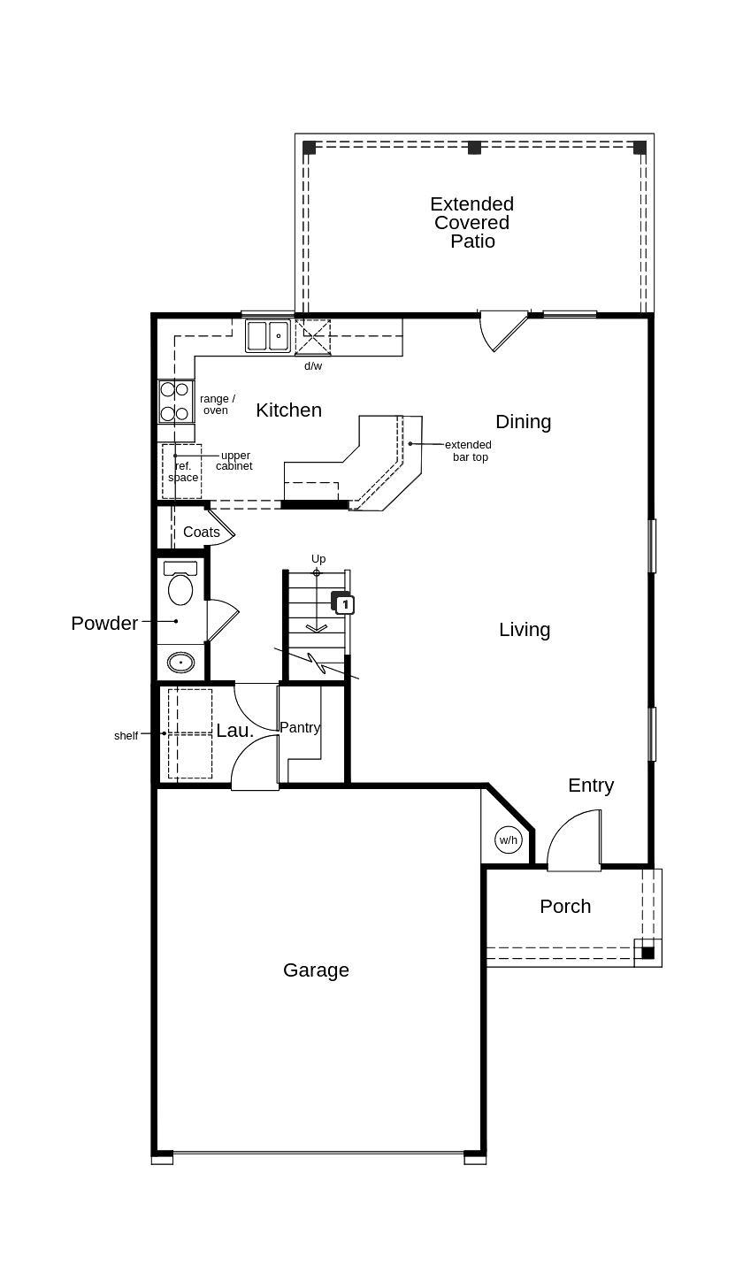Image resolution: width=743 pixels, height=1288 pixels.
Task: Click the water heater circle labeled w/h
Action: [x=508, y=840]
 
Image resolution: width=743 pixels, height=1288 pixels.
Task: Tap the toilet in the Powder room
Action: [x=180, y=586]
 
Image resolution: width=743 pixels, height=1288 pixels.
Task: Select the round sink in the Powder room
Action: [x=180, y=662]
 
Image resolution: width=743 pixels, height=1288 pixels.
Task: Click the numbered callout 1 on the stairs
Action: [x=345, y=604]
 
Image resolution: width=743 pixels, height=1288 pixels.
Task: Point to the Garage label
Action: [x=316, y=970]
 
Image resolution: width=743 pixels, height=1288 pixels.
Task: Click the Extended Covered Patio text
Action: [x=471, y=223]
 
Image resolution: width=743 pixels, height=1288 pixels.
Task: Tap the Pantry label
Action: [x=300, y=727]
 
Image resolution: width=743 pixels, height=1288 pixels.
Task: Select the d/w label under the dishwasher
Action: [x=313, y=366]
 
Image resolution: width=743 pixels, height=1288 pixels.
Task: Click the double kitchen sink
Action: [x=268, y=336]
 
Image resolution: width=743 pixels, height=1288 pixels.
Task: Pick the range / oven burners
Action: [x=175, y=402]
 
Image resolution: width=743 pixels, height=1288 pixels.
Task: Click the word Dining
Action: [x=523, y=422]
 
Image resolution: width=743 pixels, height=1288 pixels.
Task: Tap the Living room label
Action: [x=525, y=630]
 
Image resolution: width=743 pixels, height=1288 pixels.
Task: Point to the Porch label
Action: [x=565, y=907]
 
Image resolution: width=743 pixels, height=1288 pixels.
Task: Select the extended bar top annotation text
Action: [x=468, y=451]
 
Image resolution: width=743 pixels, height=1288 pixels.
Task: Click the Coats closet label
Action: [x=202, y=533]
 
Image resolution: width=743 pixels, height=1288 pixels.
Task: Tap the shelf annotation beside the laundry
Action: [x=126, y=736]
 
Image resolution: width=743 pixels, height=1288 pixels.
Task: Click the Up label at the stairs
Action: [x=318, y=559]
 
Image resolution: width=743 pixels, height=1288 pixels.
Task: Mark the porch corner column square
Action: [x=647, y=953]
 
